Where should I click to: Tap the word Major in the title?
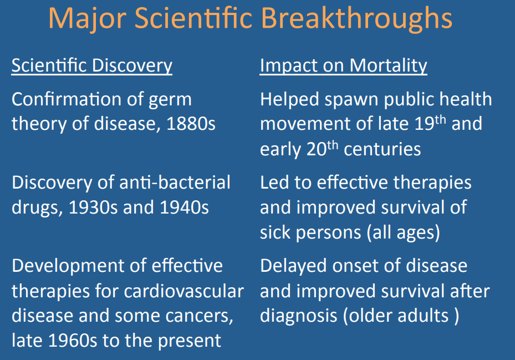88,19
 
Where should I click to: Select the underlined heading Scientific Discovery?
92,65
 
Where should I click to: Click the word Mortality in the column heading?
388,65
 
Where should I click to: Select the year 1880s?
191,124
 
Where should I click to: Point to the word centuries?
383,149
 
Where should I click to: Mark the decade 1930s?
93,207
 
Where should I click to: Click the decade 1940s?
184,207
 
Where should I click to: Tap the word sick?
275,232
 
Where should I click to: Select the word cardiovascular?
184,291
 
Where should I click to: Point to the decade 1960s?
73,341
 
